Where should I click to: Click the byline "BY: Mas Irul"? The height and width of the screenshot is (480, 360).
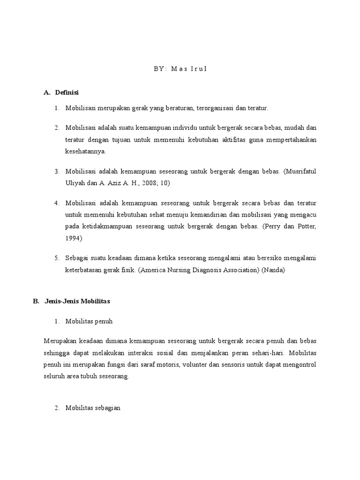tap(180, 69)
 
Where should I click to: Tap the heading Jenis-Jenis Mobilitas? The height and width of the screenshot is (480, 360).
tap(77, 301)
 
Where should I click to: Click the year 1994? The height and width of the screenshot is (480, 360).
tap(74, 238)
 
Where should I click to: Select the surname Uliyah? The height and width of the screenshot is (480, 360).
tap(75, 183)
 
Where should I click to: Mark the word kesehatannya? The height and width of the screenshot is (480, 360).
tap(86, 151)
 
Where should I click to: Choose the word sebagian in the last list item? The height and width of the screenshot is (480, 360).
tap(108, 408)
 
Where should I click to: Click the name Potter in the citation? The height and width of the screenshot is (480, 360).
tap(307, 227)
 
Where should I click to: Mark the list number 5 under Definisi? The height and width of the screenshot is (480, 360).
tap(56, 258)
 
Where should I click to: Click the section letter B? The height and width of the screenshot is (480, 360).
tap(36, 301)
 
